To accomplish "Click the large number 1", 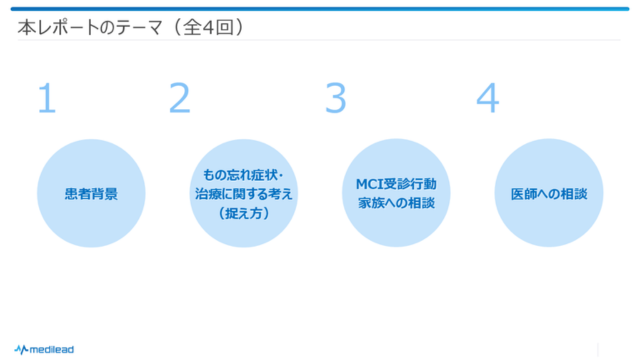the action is [x=46, y=98].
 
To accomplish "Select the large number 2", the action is [x=180, y=98].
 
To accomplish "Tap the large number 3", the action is [x=336, y=98].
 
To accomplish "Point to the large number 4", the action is [x=487, y=98].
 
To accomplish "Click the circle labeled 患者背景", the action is [x=91, y=193].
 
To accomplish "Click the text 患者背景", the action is [x=91, y=193].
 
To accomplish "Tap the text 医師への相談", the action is [x=549, y=193].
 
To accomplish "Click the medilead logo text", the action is [x=51, y=349].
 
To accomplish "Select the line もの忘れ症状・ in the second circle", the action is [x=244, y=175].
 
